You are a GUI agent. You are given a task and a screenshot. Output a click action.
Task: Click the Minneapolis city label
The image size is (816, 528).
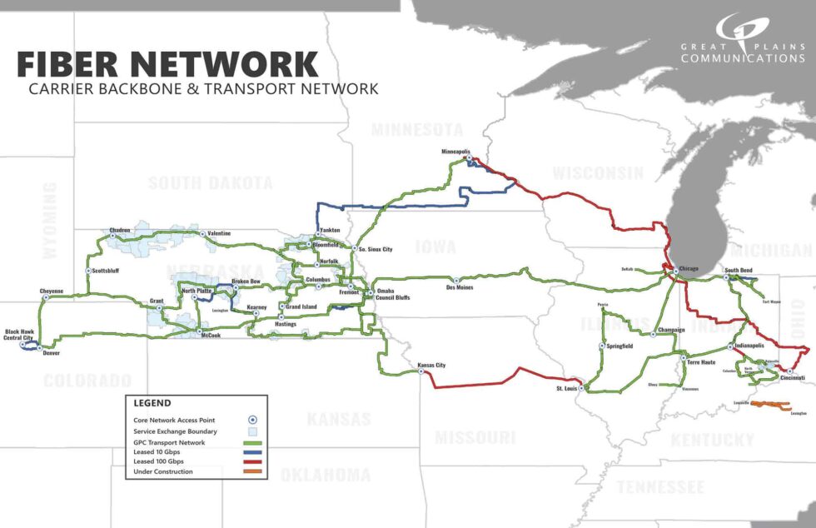coord(455,152)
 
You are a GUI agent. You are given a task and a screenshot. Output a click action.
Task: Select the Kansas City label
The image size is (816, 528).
coord(431,366)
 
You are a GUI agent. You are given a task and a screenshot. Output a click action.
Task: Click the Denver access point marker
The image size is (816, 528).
coord(38,347)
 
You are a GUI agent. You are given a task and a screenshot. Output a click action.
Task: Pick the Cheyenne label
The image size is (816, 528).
coord(52,291)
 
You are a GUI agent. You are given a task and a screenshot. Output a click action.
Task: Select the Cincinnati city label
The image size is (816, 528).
coord(793,378)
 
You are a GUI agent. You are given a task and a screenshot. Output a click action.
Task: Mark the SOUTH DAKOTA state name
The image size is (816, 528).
coord(211,183)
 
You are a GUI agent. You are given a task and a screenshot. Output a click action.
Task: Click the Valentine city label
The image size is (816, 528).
coord(220,233)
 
